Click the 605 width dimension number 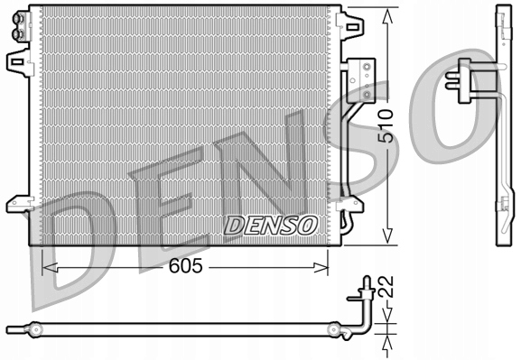pyautogui.click(x=186, y=266)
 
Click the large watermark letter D pyautogui.click(x=81, y=257)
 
